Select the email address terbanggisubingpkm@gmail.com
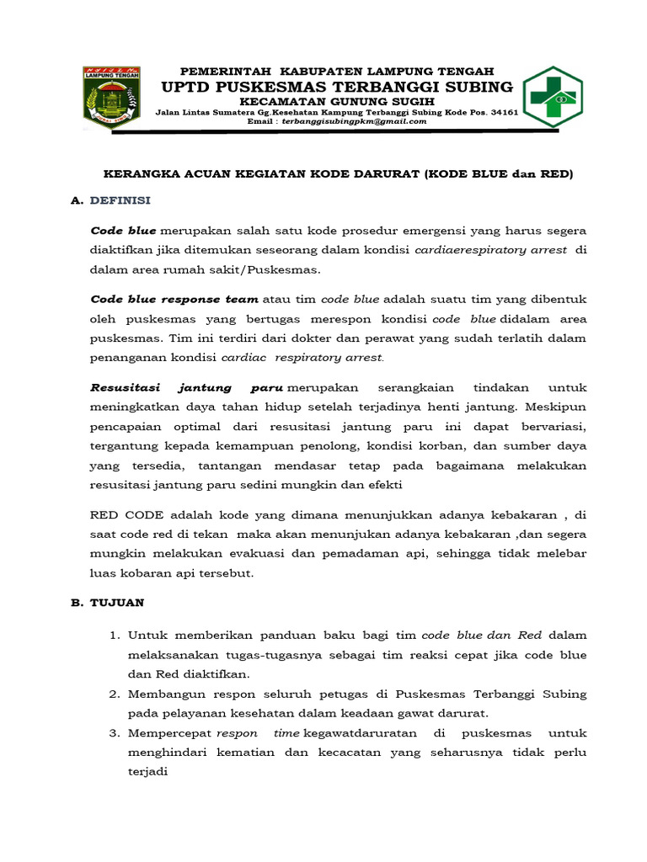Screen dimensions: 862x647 [x=355, y=121]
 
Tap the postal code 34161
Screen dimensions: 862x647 [x=503, y=111]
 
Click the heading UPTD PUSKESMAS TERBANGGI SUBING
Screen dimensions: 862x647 [x=337, y=88]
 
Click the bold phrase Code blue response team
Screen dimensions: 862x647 [x=175, y=299]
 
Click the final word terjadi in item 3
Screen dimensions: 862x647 [x=148, y=772]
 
